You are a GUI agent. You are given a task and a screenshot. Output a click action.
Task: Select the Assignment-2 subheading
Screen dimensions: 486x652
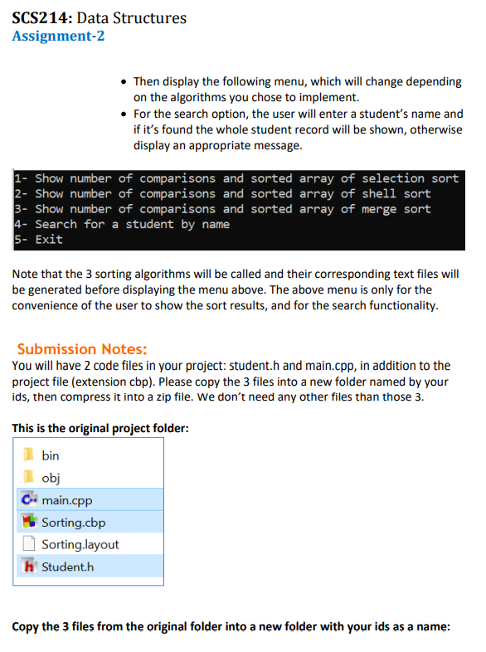[58, 36]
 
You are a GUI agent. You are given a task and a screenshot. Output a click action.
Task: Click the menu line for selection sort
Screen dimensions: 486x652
[236, 178]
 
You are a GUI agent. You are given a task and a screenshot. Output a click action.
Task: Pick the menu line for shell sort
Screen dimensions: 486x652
[221, 193]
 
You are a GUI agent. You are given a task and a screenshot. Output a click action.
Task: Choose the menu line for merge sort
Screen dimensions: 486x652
[221, 209]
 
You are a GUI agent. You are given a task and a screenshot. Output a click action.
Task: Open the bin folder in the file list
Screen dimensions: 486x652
[50, 455]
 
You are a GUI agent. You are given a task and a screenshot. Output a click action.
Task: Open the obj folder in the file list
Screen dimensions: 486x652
[50, 477]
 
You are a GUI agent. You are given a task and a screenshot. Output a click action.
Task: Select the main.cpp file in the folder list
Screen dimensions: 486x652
[66, 499]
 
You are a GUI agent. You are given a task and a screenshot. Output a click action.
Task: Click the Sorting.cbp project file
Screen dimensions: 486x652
[73, 522]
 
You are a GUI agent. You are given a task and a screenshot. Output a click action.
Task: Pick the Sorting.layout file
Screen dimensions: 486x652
[80, 544]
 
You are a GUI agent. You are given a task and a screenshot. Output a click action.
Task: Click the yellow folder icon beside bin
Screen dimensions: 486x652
[27, 455]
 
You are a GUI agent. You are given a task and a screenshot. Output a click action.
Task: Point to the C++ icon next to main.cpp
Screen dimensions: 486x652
[28, 499]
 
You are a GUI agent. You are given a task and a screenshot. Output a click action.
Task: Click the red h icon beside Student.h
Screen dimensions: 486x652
[28, 567]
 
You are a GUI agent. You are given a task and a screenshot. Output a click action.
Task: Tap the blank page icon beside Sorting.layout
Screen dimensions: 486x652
[28, 544]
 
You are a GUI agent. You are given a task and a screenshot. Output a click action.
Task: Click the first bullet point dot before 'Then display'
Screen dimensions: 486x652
[124, 82]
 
